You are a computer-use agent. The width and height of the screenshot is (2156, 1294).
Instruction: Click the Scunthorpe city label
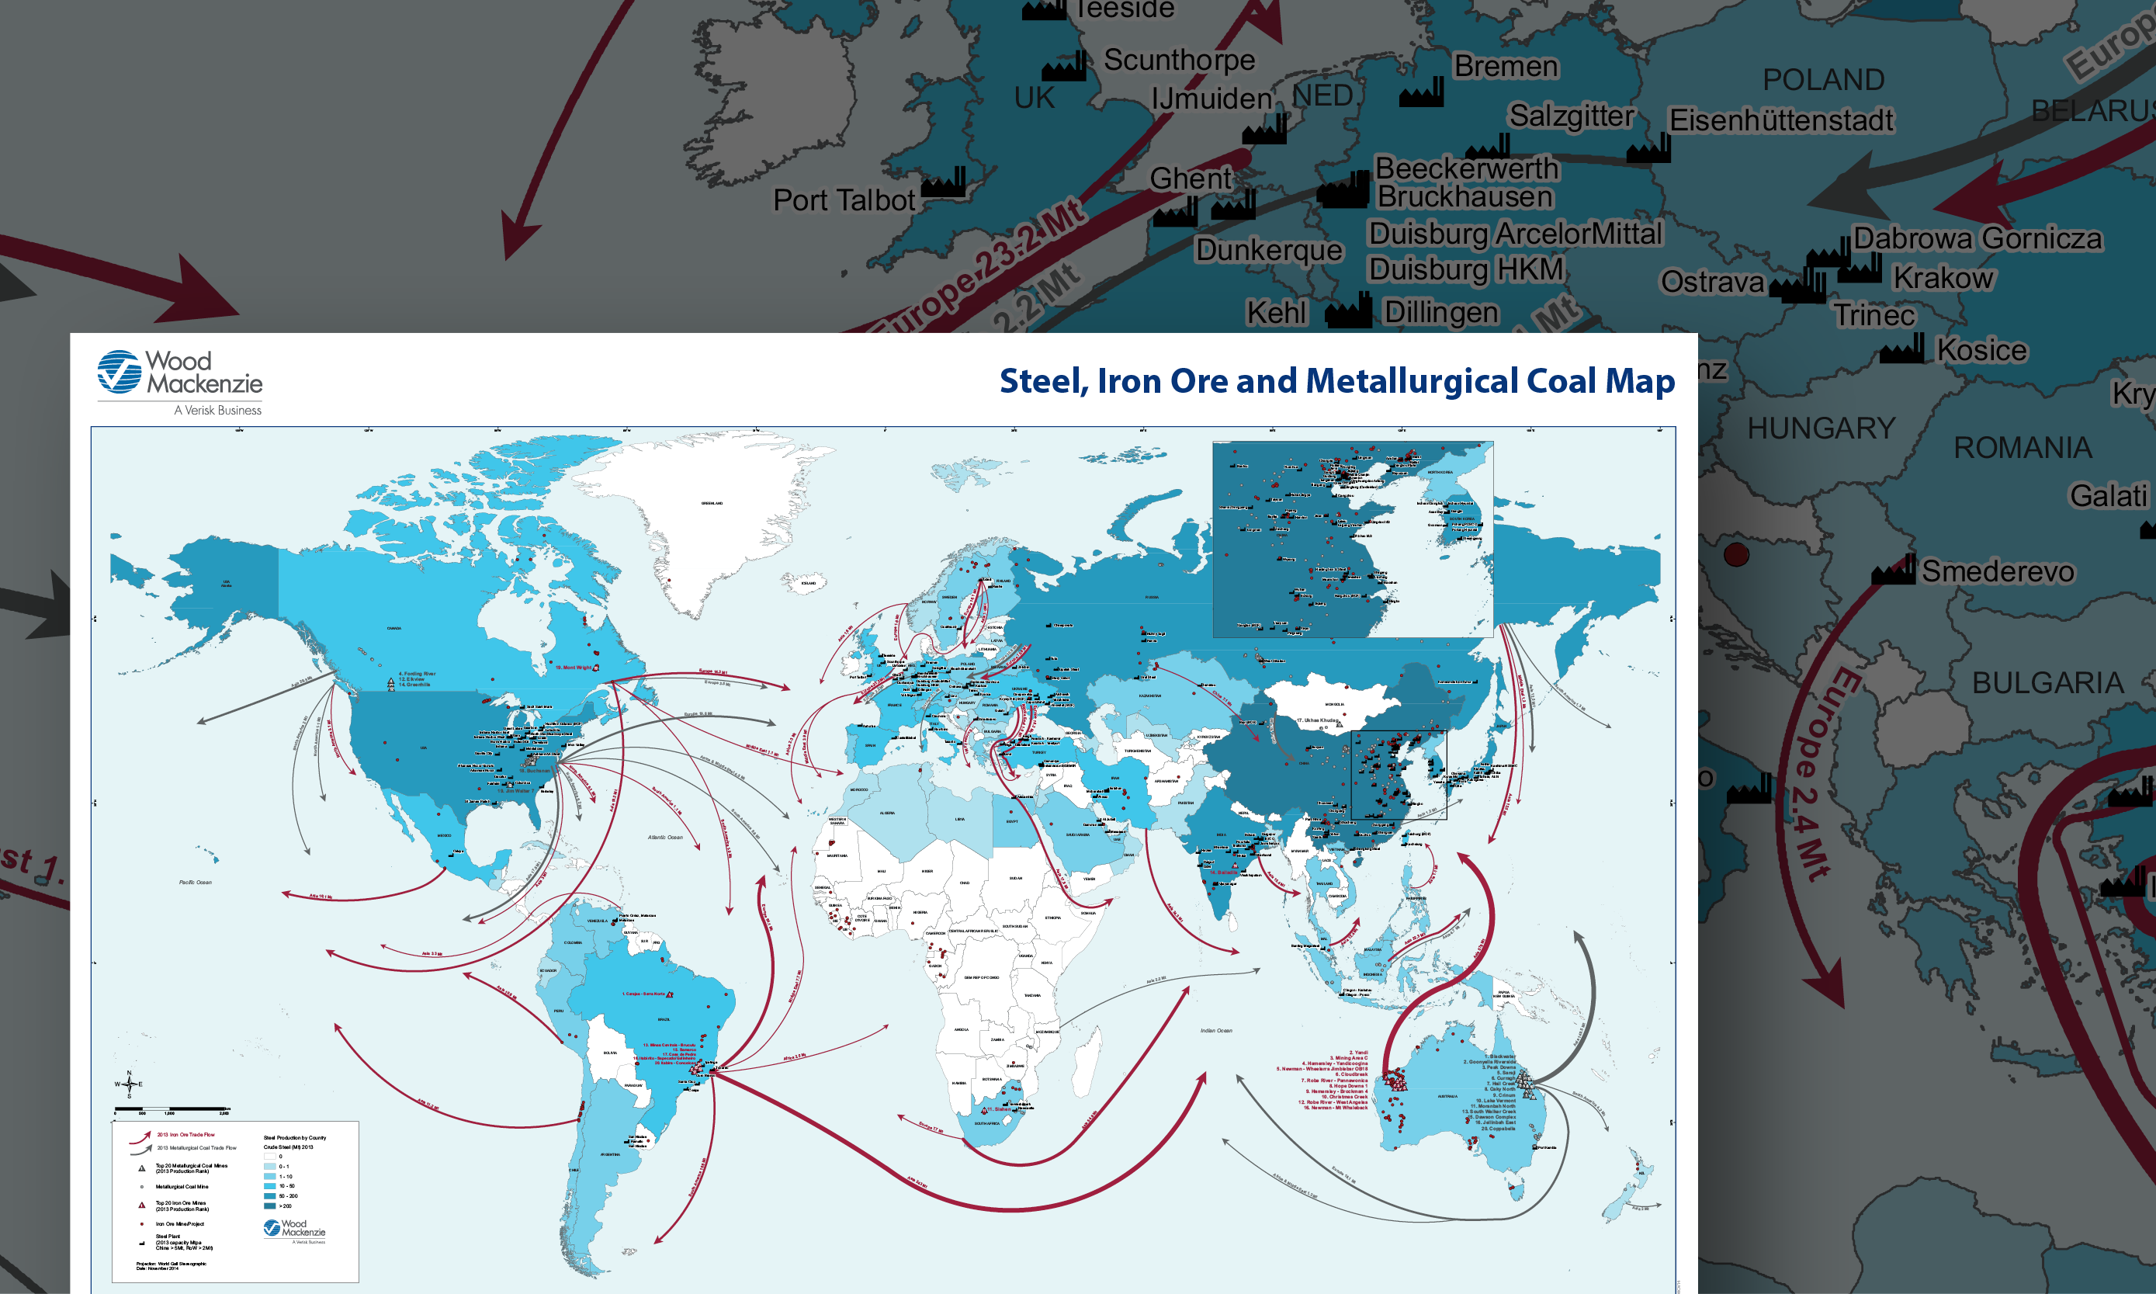pyautogui.click(x=1179, y=61)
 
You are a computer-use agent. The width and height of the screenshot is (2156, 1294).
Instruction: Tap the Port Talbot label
pyautogui.click(x=843, y=200)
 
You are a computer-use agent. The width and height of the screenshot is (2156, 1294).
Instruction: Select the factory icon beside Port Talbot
pyautogui.click(x=943, y=183)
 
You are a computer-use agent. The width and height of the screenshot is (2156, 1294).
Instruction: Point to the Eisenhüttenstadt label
pyautogui.click(x=1781, y=120)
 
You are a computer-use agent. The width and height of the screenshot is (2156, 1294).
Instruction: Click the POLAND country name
pyautogui.click(x=1823, y=80)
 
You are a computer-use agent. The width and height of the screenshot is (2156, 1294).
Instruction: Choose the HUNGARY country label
pyautogui.click(x=1822, y=428)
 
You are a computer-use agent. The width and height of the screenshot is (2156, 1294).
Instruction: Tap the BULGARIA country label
pyautogui.click(x=2048, y=683)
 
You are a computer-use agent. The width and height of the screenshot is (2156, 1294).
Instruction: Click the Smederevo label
pyautogui.click(x=1998, y=571)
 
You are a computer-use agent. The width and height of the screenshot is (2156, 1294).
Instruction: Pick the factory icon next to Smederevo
pyautogui.click(x=1893, y=571)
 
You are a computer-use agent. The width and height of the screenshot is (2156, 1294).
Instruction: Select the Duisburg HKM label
pyautogui.click(x=1465, y=269)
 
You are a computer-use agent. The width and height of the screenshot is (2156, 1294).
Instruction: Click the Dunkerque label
pyautogui.click(x=1268, y=250)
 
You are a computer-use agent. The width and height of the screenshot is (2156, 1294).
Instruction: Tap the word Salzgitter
pyautogui.click(x=1571, y=116)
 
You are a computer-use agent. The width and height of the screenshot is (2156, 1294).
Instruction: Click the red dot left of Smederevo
pyautogui.click(x=1736, y=554)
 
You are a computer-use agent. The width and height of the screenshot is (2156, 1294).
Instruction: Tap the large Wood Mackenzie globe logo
pyautogui.click(x=120, y=373)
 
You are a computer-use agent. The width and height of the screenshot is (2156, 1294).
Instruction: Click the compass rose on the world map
pyautogui.click(x=129, y=1084)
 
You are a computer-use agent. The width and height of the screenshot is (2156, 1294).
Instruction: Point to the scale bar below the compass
pyautogui.click(x=171, y=1109)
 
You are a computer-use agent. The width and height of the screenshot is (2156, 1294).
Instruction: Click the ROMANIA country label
pyautogui.click(x=2022, y=448)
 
